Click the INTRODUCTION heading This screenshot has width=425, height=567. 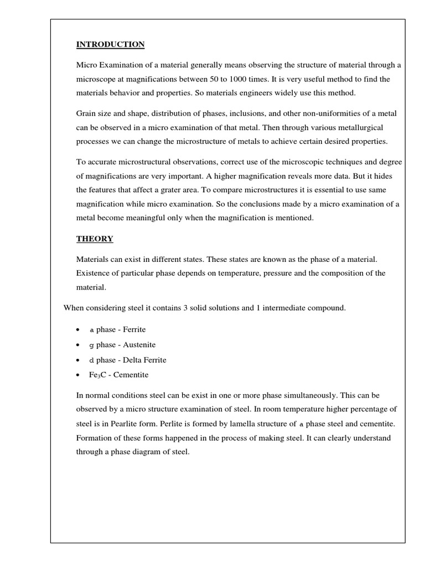110,44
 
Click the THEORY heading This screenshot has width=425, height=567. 95,239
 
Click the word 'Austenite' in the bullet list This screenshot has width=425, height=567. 130,344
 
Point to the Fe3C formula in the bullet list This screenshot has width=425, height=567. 97,375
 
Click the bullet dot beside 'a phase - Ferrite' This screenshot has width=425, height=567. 77,330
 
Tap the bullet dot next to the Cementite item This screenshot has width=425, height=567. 77,375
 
